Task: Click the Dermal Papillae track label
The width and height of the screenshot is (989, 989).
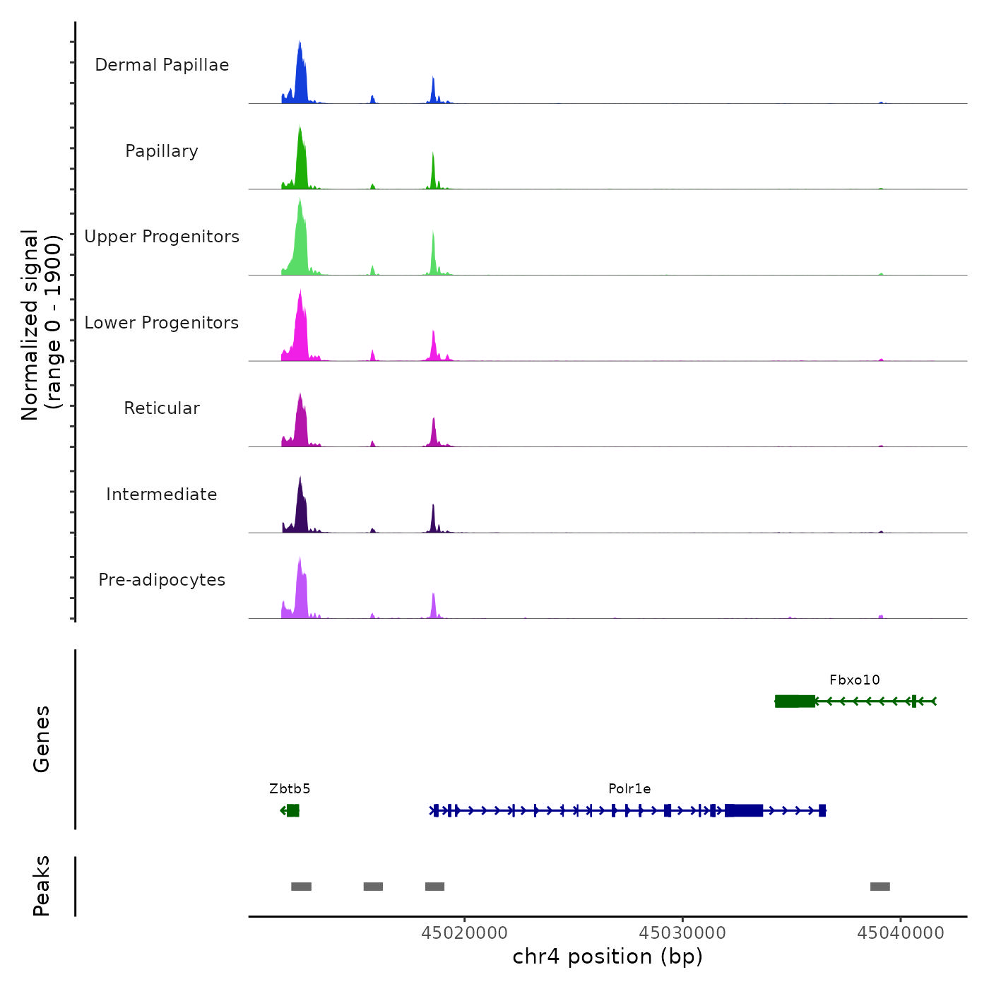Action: click(162, 65)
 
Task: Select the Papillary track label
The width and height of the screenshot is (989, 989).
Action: click(162, 151)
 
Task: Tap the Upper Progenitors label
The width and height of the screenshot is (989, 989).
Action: click(162, 237)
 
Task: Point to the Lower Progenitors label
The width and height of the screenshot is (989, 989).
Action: click(162, 323)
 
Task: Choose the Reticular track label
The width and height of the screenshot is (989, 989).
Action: click(162, 408)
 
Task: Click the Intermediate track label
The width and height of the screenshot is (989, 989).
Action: click(162, 494)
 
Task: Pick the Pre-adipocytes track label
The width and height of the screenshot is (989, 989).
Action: click(162, 580)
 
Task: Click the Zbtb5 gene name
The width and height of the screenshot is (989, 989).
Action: click(290, 789)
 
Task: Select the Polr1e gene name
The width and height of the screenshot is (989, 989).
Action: click(629, 789)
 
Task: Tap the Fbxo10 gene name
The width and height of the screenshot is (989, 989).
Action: click(855, 680)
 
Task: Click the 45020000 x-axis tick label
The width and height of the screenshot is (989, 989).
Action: click(464, 933)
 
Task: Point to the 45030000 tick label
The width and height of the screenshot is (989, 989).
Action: click(682, 933)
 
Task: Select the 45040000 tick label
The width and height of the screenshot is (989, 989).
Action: click(901, 933)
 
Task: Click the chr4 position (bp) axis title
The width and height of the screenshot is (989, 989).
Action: click(608, 957)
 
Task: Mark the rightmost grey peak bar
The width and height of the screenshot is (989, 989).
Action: click(880, 887)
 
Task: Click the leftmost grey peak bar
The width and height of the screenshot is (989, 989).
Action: click(301, 887)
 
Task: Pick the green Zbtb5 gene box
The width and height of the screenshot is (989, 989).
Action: click(293, 810)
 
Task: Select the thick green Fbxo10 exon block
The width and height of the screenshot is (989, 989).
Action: click(795, 701)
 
